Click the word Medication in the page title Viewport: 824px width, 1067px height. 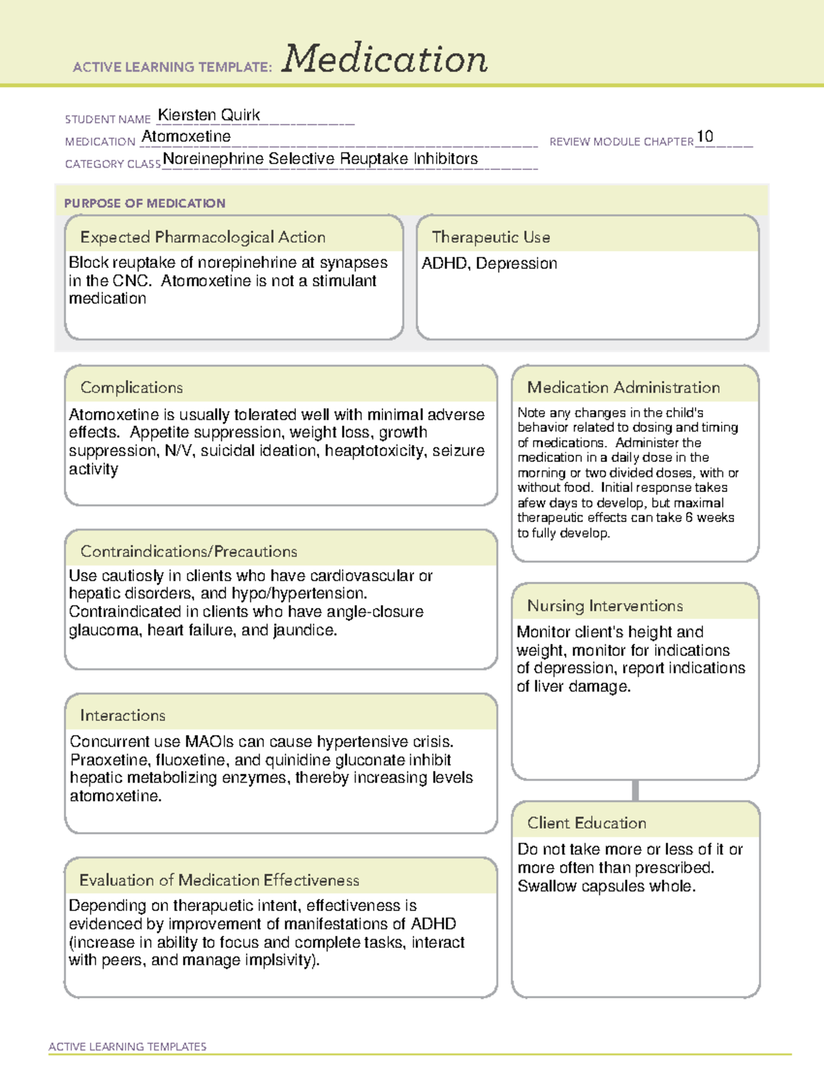click(x=385, y=60)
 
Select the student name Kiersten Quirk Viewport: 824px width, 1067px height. click(x=209, y=115)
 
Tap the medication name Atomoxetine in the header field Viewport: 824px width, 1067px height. click(x=186, y=137)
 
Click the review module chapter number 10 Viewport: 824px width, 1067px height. click(x=705, y=137)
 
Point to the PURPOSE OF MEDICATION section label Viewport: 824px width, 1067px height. click(x=145, y=203)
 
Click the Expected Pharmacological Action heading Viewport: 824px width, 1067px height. click(x=203, y=237)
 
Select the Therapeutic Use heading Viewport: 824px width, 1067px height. click(x=491, y=237)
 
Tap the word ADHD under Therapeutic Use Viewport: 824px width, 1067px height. click(x=444, y=264)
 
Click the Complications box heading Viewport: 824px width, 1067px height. click(x=132, y=388)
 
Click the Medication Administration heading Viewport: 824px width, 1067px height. click(x=623, y=388)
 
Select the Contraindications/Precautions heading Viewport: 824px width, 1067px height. click(x=189, y=552)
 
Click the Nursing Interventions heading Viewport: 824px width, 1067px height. click(x=605, y=606)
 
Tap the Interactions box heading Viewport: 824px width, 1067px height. click(x=123, y=716)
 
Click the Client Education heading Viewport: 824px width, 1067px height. click(x=587, y=823)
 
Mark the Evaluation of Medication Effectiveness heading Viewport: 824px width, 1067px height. click(x=219, y=880)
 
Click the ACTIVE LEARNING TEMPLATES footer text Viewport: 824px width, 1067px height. click(x=128, y=1046)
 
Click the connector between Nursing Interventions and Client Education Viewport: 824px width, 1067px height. click(x=635, y=790)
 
